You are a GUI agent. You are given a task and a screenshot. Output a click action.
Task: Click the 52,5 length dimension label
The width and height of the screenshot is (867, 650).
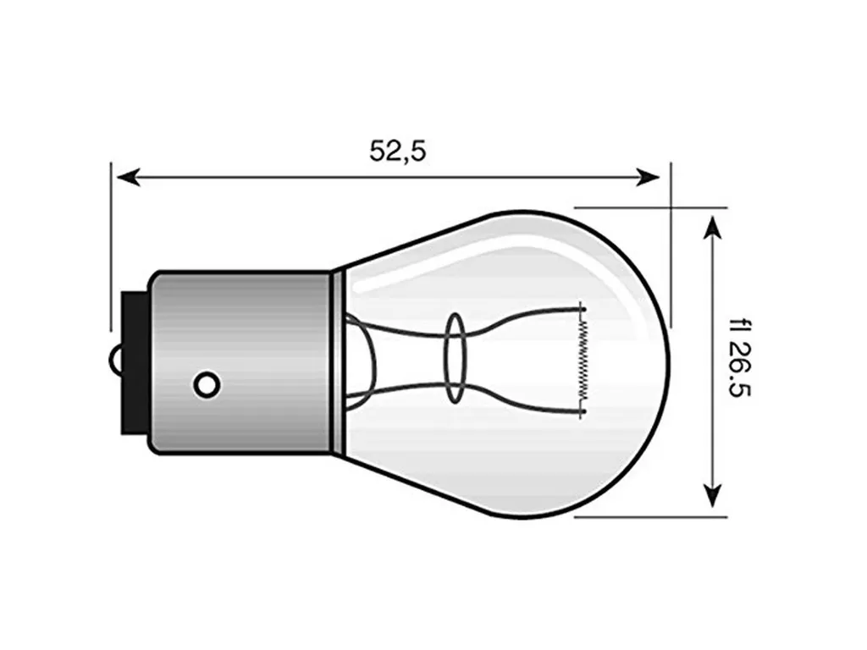(x=398, y=151)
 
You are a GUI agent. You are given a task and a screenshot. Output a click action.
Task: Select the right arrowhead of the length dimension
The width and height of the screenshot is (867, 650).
(x=648, y=178)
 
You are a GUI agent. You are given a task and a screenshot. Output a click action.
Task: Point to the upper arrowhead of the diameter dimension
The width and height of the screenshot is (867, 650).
(x=713, y=227)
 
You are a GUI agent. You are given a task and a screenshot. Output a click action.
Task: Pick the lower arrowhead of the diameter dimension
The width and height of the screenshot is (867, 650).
(x=713, y=494)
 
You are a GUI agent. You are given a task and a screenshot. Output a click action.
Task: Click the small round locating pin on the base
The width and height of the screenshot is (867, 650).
(x=207, y=384)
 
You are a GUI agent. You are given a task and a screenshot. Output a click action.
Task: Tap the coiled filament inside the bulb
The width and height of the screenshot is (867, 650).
(x=582, y=361)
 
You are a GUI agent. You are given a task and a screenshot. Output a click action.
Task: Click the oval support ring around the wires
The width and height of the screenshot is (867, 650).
(x=456, y=358)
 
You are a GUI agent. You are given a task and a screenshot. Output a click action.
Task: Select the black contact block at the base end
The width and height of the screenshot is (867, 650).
(x=135, y=363)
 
